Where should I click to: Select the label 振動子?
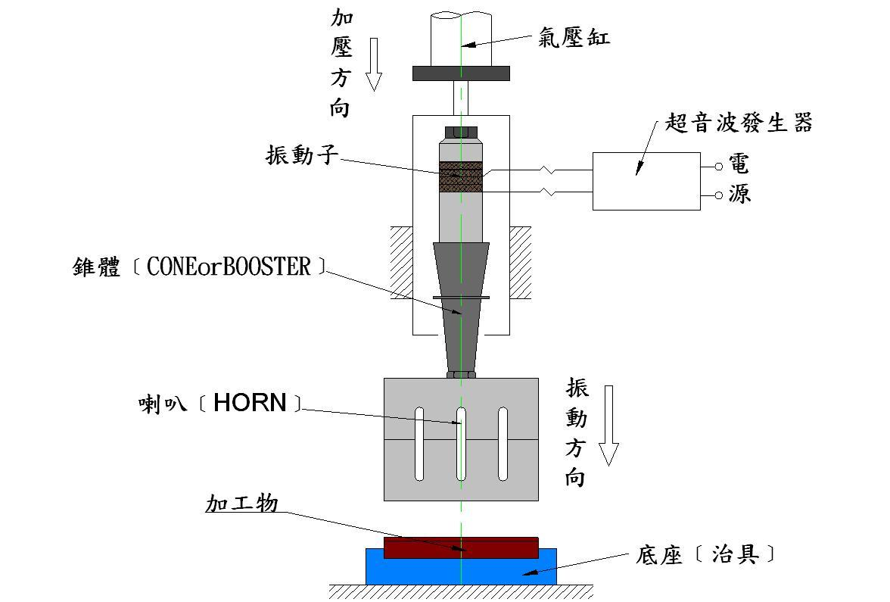(300, 155)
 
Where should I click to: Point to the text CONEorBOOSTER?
(229, 267)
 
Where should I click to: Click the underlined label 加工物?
(242, 504)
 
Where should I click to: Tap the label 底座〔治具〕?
(705, 555)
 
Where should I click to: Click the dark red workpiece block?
(461, 547)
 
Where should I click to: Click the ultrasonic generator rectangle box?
(646, 181)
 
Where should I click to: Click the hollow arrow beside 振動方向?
(608, 424)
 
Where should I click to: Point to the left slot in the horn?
(419, 443)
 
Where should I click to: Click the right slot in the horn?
(503, 443)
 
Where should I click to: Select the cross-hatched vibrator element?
(461, 176)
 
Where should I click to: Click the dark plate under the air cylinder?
(461, 73)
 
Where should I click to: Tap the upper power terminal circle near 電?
(718, 166)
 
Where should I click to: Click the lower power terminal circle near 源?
(718, 195)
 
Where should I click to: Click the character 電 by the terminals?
(739, 164)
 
